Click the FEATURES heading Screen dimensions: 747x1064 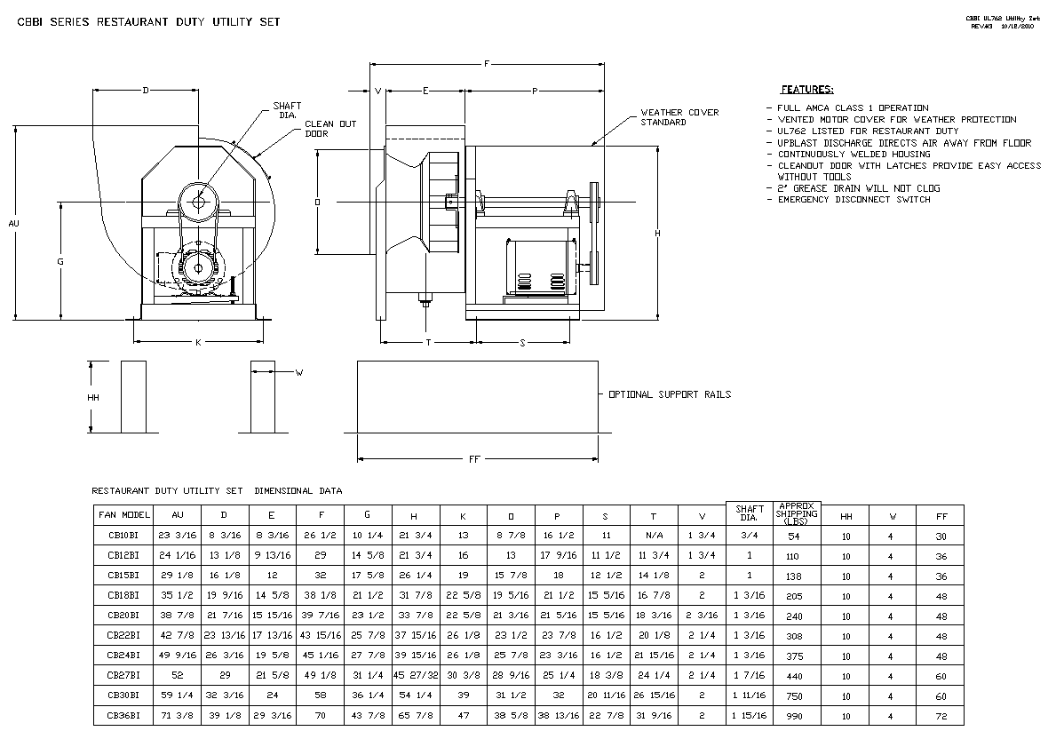806,90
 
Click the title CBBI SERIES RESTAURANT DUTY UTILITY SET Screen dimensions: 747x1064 149,22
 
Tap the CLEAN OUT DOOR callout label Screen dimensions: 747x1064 330,129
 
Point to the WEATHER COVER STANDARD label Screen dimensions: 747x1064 679,117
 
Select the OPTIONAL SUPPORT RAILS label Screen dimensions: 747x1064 670,394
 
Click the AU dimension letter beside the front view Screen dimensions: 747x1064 13,224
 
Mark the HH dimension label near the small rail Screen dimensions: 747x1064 93,398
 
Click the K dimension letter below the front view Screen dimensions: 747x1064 198,342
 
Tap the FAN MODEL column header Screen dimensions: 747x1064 124,515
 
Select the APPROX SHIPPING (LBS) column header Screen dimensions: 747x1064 796,514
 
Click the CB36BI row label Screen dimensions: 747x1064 123,715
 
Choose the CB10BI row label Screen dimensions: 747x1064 123,536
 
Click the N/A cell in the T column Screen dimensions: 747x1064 654,536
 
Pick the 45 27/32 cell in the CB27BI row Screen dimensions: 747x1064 415,676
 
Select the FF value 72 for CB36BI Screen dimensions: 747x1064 941,716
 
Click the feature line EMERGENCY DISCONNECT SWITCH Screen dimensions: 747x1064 854,200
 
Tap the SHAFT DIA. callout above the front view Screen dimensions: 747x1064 287,110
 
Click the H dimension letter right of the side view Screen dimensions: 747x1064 657,233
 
